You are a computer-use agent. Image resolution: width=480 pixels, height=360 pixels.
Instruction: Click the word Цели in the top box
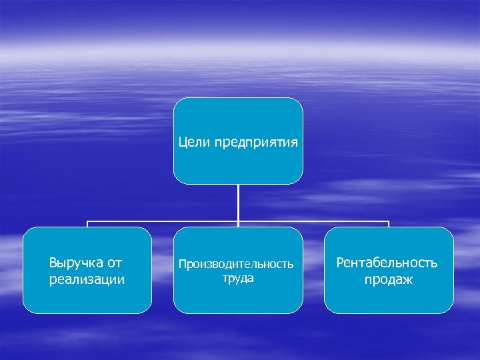pos(195,142)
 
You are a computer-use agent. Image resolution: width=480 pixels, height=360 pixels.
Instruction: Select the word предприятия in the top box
pos(255,143)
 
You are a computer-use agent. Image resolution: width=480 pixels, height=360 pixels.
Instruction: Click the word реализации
pos(87,279)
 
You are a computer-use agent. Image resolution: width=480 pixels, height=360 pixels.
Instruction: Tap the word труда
pos(238,278)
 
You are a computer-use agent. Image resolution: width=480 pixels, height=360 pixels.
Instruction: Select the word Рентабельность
pos(388,263)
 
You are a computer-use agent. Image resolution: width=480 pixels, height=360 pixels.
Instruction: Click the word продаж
pos(388,280)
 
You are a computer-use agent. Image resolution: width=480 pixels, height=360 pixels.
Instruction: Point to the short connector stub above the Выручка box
pos(87,224)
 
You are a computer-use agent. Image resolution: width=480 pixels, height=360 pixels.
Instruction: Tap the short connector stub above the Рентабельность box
pos(389,224)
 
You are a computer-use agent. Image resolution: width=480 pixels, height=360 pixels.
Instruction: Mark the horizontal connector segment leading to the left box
pos(163,221)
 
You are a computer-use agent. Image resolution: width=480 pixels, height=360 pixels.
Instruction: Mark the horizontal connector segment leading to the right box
pos(313,221)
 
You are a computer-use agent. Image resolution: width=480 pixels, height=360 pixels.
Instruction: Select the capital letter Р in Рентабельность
pos(341,263)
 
